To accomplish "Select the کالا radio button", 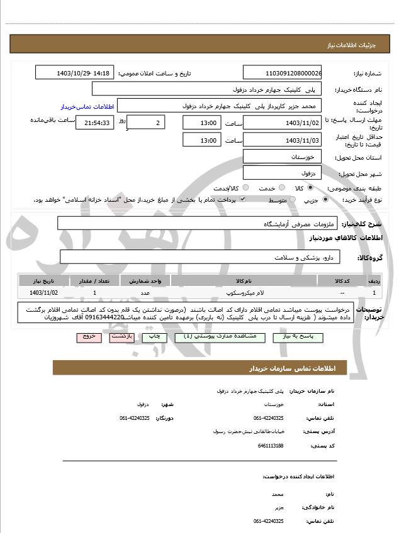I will (x=310, y=187).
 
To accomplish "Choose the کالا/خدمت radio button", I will (x=245, y=187).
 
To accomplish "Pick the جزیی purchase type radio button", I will (x=325, y=199).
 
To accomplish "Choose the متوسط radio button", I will (x=291, y=199).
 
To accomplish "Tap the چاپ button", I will (x=154, y=337).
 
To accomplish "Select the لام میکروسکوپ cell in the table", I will (x=243, y=292).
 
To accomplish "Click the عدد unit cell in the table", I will (x=145, y=292).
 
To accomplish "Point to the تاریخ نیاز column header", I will (x=44, y=281).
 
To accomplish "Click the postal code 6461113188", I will (x=271, y=446).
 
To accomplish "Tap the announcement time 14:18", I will (x=101, y=74).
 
